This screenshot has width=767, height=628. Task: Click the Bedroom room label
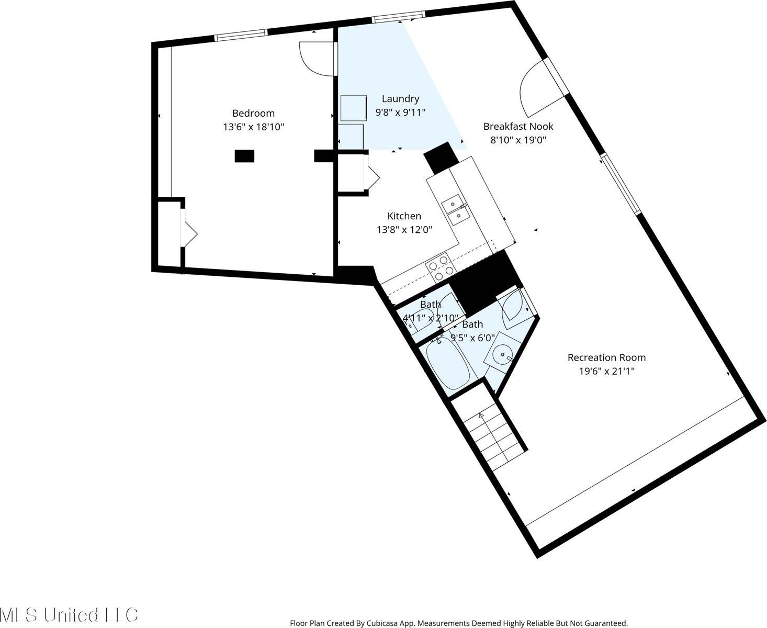click(x=253, y=113)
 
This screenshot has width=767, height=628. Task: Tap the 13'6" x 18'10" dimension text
click(x=253, y=127)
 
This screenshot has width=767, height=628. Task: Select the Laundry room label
click(x=400, y=98)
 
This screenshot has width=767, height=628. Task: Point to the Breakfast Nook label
click(x=518, y=126)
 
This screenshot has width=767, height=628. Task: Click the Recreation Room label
click(x=606, y=357)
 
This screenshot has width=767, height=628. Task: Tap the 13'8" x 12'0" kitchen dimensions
click(x=404, y=229)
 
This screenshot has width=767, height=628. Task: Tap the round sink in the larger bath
click(x=502, y=354)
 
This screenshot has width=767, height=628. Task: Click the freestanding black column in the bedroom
click(x=244, y=155)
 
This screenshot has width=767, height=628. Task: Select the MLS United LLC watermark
click(x=69, y=614)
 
